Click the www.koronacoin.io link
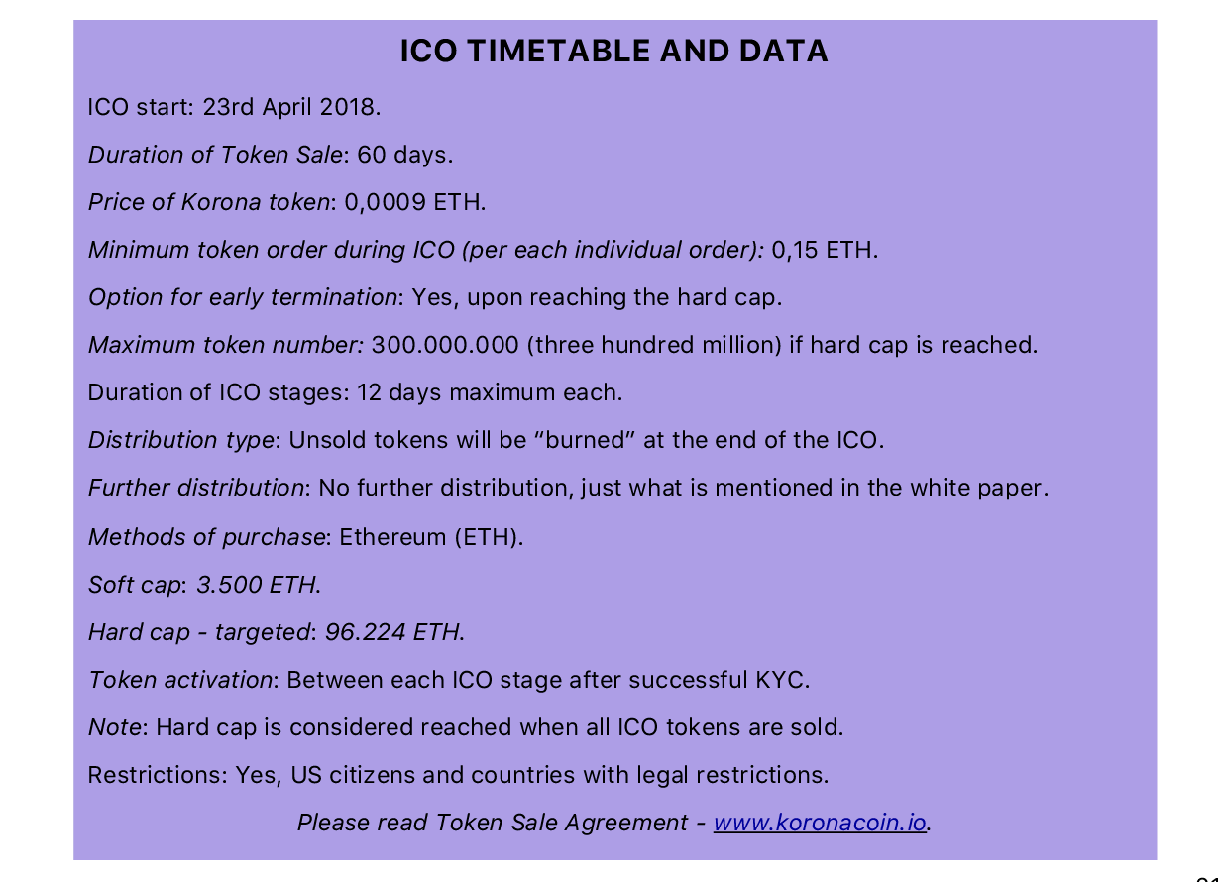tap(820, 823)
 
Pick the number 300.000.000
tap(444, 345)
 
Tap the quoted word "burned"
tap(585, 440)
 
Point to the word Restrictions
tap(155, 775)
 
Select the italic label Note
tap(115, 727)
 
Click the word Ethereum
tap(392, 537)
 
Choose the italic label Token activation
tap(180, 680)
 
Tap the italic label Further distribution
tap(196, 488)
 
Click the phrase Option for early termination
tap(243, 297)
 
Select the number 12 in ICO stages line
tap(369, 392)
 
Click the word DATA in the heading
tap(783, 51)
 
